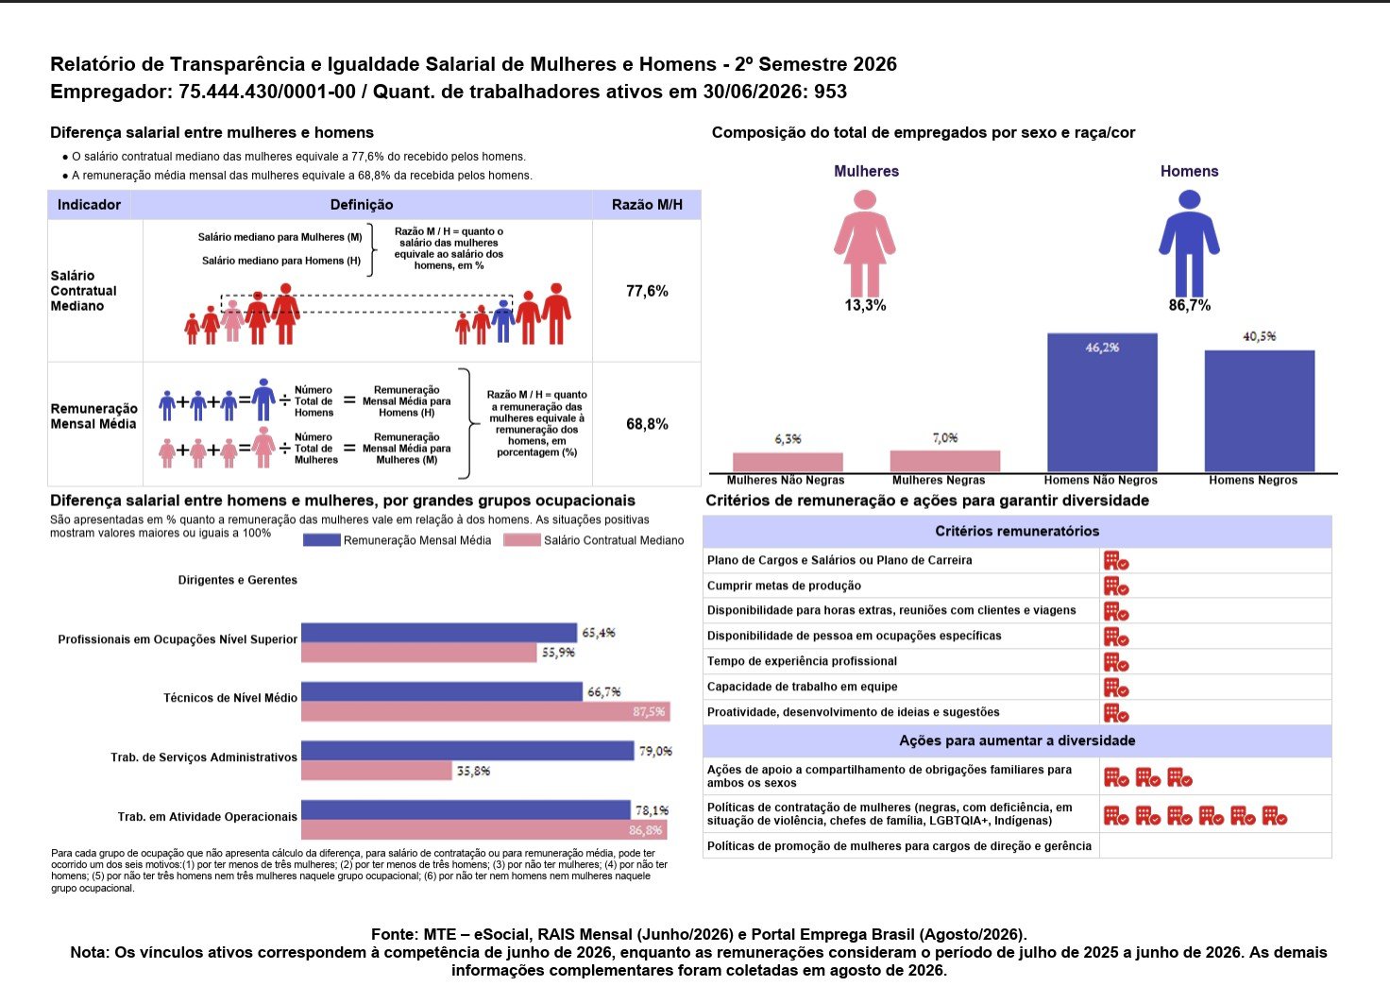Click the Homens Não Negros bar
pos(1102,402)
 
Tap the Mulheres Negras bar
pos(944,462)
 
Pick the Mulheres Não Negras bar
pos(788,463)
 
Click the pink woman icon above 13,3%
pos(864,244)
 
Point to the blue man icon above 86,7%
pos(1189,244)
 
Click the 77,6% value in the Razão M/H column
pos(647,291)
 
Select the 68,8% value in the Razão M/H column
pos(647,424)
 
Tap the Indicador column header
pos(89,205)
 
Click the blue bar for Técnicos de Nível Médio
pos(442,691)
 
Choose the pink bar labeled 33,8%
pos(377,771)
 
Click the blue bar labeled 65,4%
pos(439,633)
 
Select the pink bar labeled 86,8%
pos(484,829)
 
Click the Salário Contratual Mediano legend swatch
pos(522,540)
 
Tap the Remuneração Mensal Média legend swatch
pos(321,540)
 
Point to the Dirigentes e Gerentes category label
pos(238,580)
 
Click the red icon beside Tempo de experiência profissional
pos(1116,662)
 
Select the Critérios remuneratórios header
pos(1017,531)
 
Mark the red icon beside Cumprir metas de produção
pos(1116,586)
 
